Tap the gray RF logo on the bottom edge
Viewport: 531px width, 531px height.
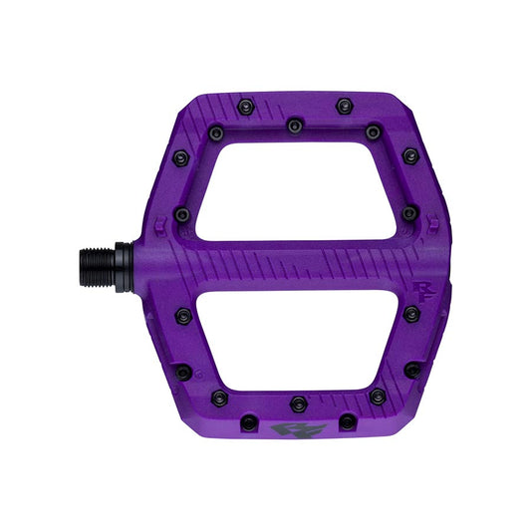tap(286, 430)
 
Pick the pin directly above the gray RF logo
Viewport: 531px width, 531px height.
tap(298, 402)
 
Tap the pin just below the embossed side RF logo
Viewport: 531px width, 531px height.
tap(410, 314)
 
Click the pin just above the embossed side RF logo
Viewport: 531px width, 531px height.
tap(408, 213)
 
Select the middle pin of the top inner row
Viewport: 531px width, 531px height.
tap(294, 126)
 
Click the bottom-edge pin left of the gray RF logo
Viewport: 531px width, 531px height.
tap(248, 422)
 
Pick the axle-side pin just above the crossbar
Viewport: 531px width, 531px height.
tap(182, 214)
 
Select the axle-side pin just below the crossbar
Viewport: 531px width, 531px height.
tap(182, 316)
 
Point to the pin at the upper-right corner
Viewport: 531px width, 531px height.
tap(409, 156)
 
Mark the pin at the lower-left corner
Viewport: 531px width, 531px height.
tap(183, 372)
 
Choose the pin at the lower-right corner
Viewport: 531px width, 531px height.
tap(411, 370)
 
